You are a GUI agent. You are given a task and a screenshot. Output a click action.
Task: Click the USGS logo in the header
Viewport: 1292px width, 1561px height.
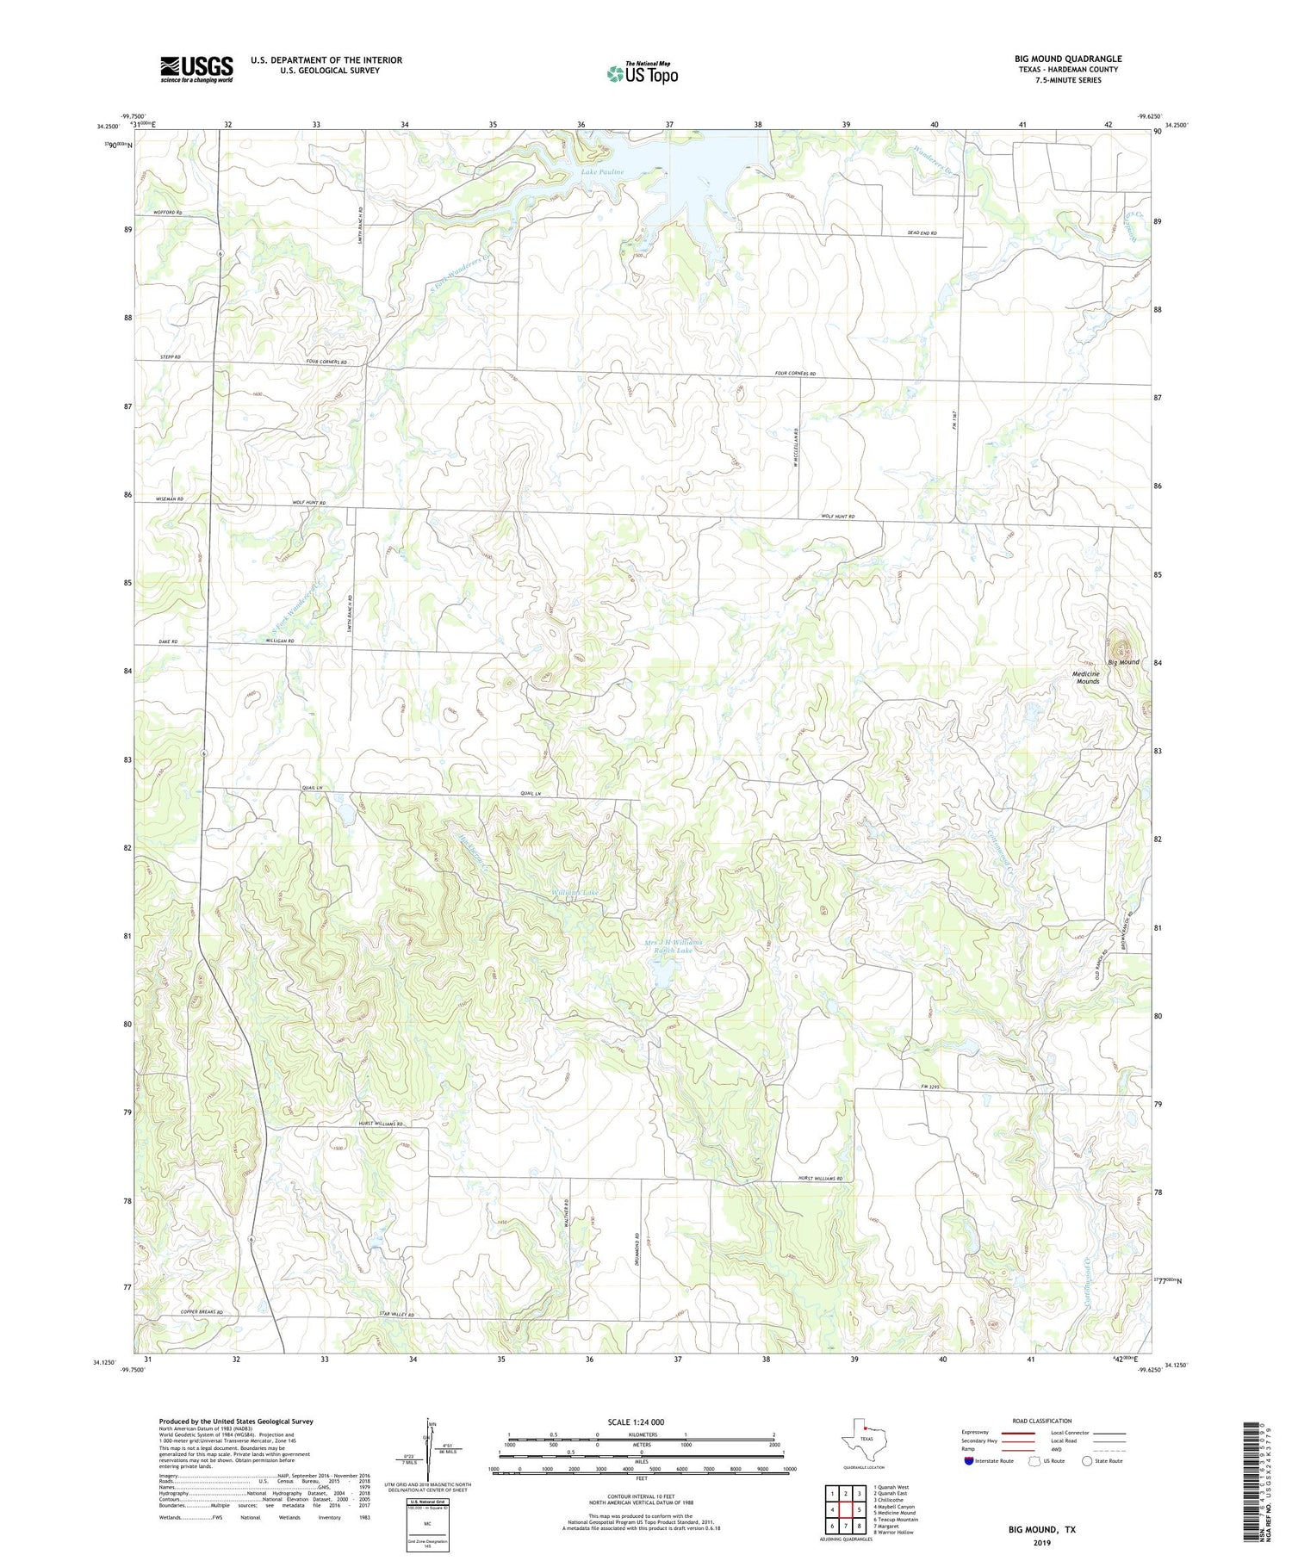[x=196, y=69]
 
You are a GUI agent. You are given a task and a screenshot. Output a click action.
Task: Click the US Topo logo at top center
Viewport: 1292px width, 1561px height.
[x=642, y=74]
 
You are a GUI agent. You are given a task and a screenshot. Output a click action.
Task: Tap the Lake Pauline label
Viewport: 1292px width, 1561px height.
[x=602, y=172]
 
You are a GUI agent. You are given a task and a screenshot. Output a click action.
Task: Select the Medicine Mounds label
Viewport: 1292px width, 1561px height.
[x=1087, y=678]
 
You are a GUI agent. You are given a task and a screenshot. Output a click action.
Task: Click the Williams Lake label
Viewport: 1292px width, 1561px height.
[x=575, y=893]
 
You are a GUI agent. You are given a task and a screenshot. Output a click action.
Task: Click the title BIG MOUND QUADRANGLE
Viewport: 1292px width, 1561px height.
[x=1067, y=59]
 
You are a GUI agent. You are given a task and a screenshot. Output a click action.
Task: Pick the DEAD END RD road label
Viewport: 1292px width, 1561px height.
[x=922, y=234]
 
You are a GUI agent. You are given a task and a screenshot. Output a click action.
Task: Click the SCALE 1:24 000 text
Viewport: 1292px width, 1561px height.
[x=637, y=1422]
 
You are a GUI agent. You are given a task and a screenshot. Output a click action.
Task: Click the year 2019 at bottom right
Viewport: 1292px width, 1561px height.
[x=1041, y=1542]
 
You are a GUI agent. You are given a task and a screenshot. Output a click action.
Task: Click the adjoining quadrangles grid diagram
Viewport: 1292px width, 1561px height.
[x=846, y=1509]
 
